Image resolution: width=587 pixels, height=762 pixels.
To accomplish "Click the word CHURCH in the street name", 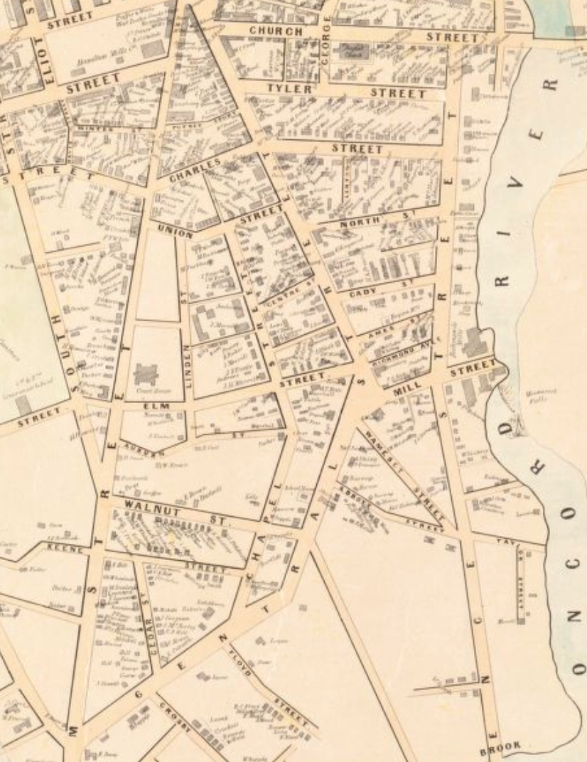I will coord(275,31).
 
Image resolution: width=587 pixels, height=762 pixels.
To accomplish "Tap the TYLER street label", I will coord(289,89).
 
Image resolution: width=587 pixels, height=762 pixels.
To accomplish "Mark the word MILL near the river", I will coord(406,385).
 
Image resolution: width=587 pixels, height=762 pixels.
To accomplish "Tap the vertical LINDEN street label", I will coord(188,366).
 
